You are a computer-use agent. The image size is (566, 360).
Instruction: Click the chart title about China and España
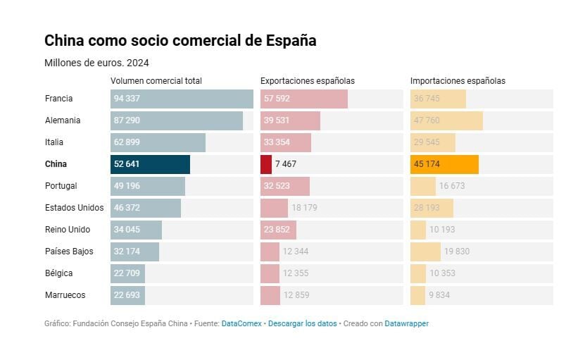click(180, 41)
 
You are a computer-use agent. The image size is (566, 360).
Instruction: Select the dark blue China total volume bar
click(150, 164)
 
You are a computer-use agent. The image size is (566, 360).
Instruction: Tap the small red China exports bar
click(266, 164)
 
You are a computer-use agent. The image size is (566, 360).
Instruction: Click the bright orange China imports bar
click(444, 164)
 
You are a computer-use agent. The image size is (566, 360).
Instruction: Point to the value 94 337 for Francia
click(127, 99)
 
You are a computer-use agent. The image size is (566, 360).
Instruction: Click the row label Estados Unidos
click(74, 208)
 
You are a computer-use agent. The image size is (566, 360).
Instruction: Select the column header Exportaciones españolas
click(308, 81)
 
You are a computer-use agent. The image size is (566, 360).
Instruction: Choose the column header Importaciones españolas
click(458, 81)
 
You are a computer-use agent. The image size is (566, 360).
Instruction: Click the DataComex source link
click(241, 323)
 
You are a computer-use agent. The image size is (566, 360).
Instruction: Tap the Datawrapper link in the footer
click(406, 323)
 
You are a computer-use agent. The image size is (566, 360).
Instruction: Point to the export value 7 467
click(287, 164)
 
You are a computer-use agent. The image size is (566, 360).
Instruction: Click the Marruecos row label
click(65, 295)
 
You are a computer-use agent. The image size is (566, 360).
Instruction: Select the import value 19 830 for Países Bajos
click(457, 252)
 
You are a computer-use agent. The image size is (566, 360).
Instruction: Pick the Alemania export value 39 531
click(277, 120)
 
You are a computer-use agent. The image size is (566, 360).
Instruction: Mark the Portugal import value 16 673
click(451, 186)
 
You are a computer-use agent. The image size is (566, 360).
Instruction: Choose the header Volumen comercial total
click(156, 81)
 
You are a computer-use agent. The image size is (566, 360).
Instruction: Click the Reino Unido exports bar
click(278, 230)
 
